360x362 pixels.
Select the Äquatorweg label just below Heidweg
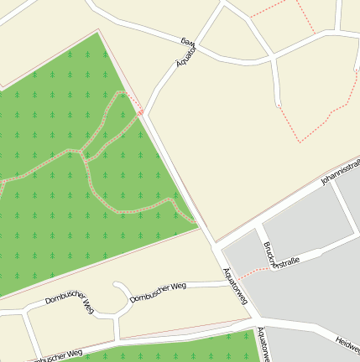(x=264, y=344)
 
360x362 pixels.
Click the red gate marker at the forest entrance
(x=141, y=111)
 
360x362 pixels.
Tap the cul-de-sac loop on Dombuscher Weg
(x=123, y=295)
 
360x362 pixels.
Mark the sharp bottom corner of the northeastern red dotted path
(x=300, y=139)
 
